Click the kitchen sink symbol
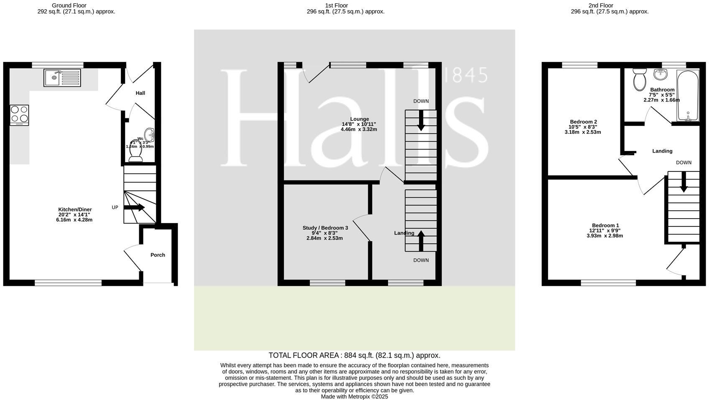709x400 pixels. pos(62,78)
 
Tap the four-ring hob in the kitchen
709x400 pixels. pos(19,115)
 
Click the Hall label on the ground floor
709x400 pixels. pos(140,93)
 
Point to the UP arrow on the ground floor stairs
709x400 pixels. pos(134,207)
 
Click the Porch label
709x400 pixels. pos(158,255)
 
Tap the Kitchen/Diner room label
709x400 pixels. pos(75,209)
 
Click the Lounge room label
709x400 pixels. pos(359,119)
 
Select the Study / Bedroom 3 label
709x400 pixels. pos(325,228)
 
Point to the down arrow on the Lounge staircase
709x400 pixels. pos(421,120)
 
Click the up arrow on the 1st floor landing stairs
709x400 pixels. pos(421,240)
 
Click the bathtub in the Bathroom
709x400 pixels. pos(688,96)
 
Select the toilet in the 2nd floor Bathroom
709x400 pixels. pos(640,79)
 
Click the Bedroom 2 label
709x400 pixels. pos(582,122)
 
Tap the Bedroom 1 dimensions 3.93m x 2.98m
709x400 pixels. pos(604,236)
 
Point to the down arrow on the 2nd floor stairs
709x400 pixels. pos(683,182)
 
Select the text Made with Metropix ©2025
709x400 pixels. pos(354,396)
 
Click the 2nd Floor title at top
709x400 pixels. pos(600,5)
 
